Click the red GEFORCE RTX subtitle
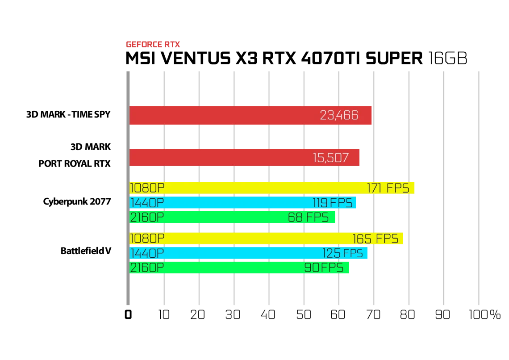tap(153, 45)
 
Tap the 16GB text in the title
tap(448, 59)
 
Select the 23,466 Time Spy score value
tap(339, 115)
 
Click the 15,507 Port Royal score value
tap(330, 158)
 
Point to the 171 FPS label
tap(388, 188)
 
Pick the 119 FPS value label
tap(332, 203)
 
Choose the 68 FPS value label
tap(309, 217)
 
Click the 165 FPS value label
tap(375, 239)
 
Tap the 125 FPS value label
tap(342, 253)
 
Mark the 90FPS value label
tap(324, 268)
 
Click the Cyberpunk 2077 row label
tap(77, 201)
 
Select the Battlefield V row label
tap(86, 251)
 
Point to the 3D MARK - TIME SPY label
tap(68, 115)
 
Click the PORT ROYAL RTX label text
tap(75, 163)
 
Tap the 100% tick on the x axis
tap(484, 314)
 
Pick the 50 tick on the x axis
tap(304, 314)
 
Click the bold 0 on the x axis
tap(128, 314)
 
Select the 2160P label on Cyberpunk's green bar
tap(147, 217)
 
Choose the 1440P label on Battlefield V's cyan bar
tap(147, 253)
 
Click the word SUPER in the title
tap(394, 59)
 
